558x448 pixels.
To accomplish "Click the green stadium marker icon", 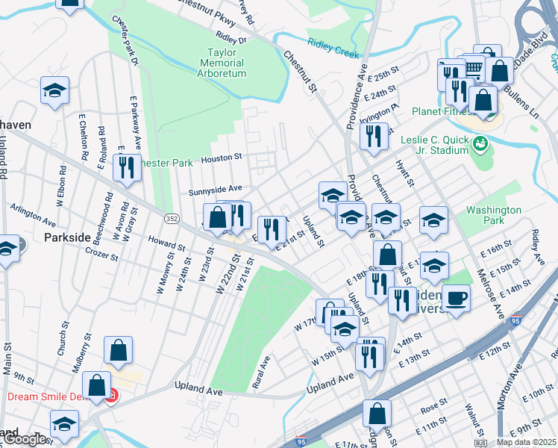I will [x=480, y=143].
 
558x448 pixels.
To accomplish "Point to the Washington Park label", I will [x=493, y=216].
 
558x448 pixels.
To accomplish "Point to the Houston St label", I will [x=222, y=158].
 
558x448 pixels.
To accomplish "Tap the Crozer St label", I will [x=101, y=255].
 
